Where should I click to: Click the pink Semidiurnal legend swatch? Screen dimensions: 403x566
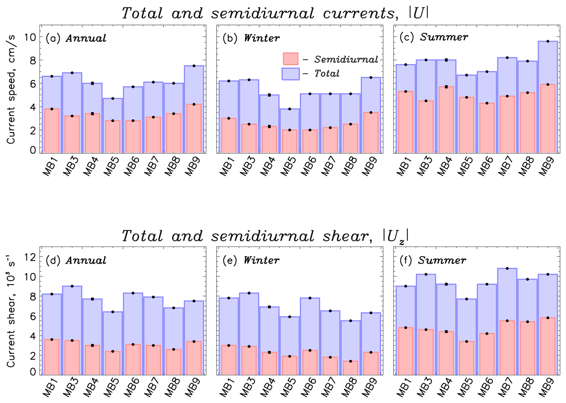(290, 59)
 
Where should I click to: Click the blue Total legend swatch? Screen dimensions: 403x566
(290, 74)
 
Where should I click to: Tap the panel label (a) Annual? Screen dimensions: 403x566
(76, 38)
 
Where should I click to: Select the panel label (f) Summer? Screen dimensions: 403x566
(433, 260)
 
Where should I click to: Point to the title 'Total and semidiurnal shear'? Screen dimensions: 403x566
(264, 236)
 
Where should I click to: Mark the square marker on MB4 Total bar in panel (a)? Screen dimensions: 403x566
(92, 83)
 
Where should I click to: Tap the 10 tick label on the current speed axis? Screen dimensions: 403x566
(30, 37)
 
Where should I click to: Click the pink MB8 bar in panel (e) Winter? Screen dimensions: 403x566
(350, 368)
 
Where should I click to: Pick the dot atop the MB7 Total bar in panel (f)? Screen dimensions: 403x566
(507, 268)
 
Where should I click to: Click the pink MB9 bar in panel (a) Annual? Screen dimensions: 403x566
(194, 128)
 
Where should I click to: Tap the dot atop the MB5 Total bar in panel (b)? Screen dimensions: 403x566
(290, 109)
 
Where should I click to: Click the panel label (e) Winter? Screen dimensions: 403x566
(251, 260)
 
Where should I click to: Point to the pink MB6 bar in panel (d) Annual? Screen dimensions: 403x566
(133, 360)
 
